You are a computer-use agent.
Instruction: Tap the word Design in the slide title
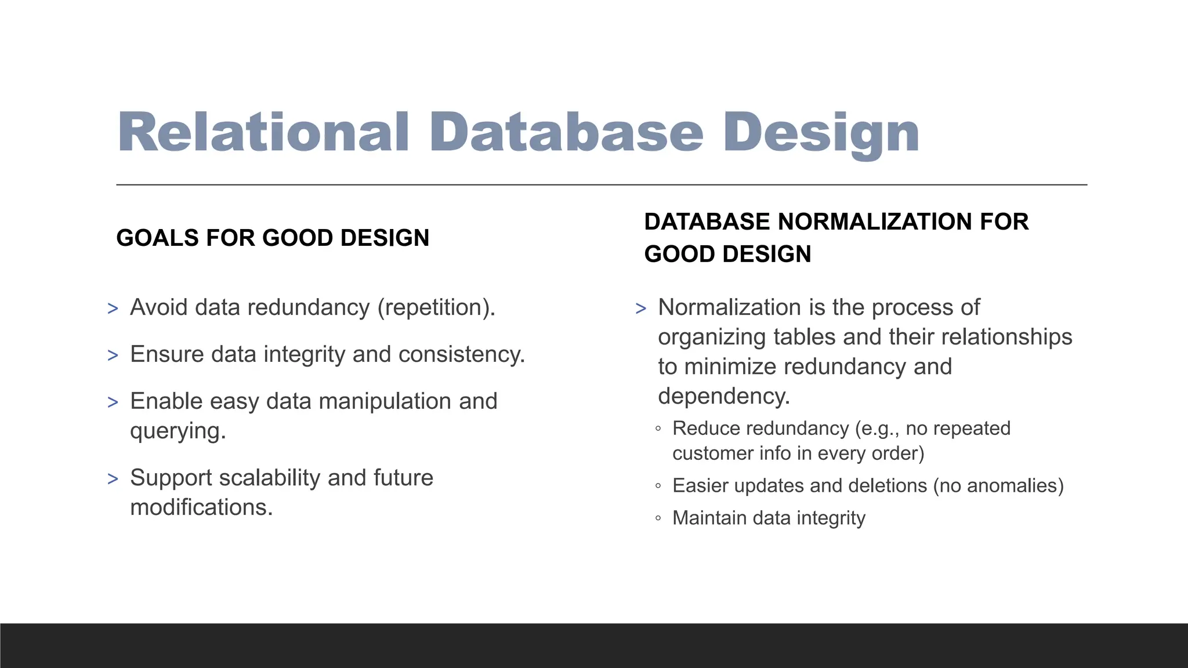point(821,133)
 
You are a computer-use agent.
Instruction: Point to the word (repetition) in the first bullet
point(435,307)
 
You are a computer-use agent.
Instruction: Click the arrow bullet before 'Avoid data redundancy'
point(113,308)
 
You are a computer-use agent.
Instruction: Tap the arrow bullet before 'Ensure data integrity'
point(113,355)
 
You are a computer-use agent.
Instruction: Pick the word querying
point(177,431)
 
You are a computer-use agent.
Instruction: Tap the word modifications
point(201,507)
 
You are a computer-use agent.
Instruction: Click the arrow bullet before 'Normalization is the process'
point(641,308)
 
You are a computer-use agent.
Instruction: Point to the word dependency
point(723,396)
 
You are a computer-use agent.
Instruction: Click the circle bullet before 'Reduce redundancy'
point(658,429)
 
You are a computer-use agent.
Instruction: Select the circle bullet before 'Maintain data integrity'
point(658,518)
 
